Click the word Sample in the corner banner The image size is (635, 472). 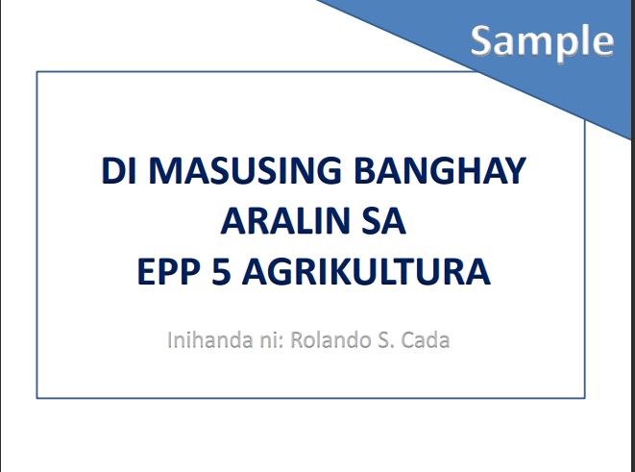pos(542,39)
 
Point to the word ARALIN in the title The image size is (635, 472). pos(273,222)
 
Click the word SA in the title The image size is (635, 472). pos(381,222)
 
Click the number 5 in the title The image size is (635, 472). pos(217,272)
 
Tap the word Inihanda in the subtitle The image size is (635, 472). pos(206,339)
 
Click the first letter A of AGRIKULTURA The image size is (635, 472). pos(250,272)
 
